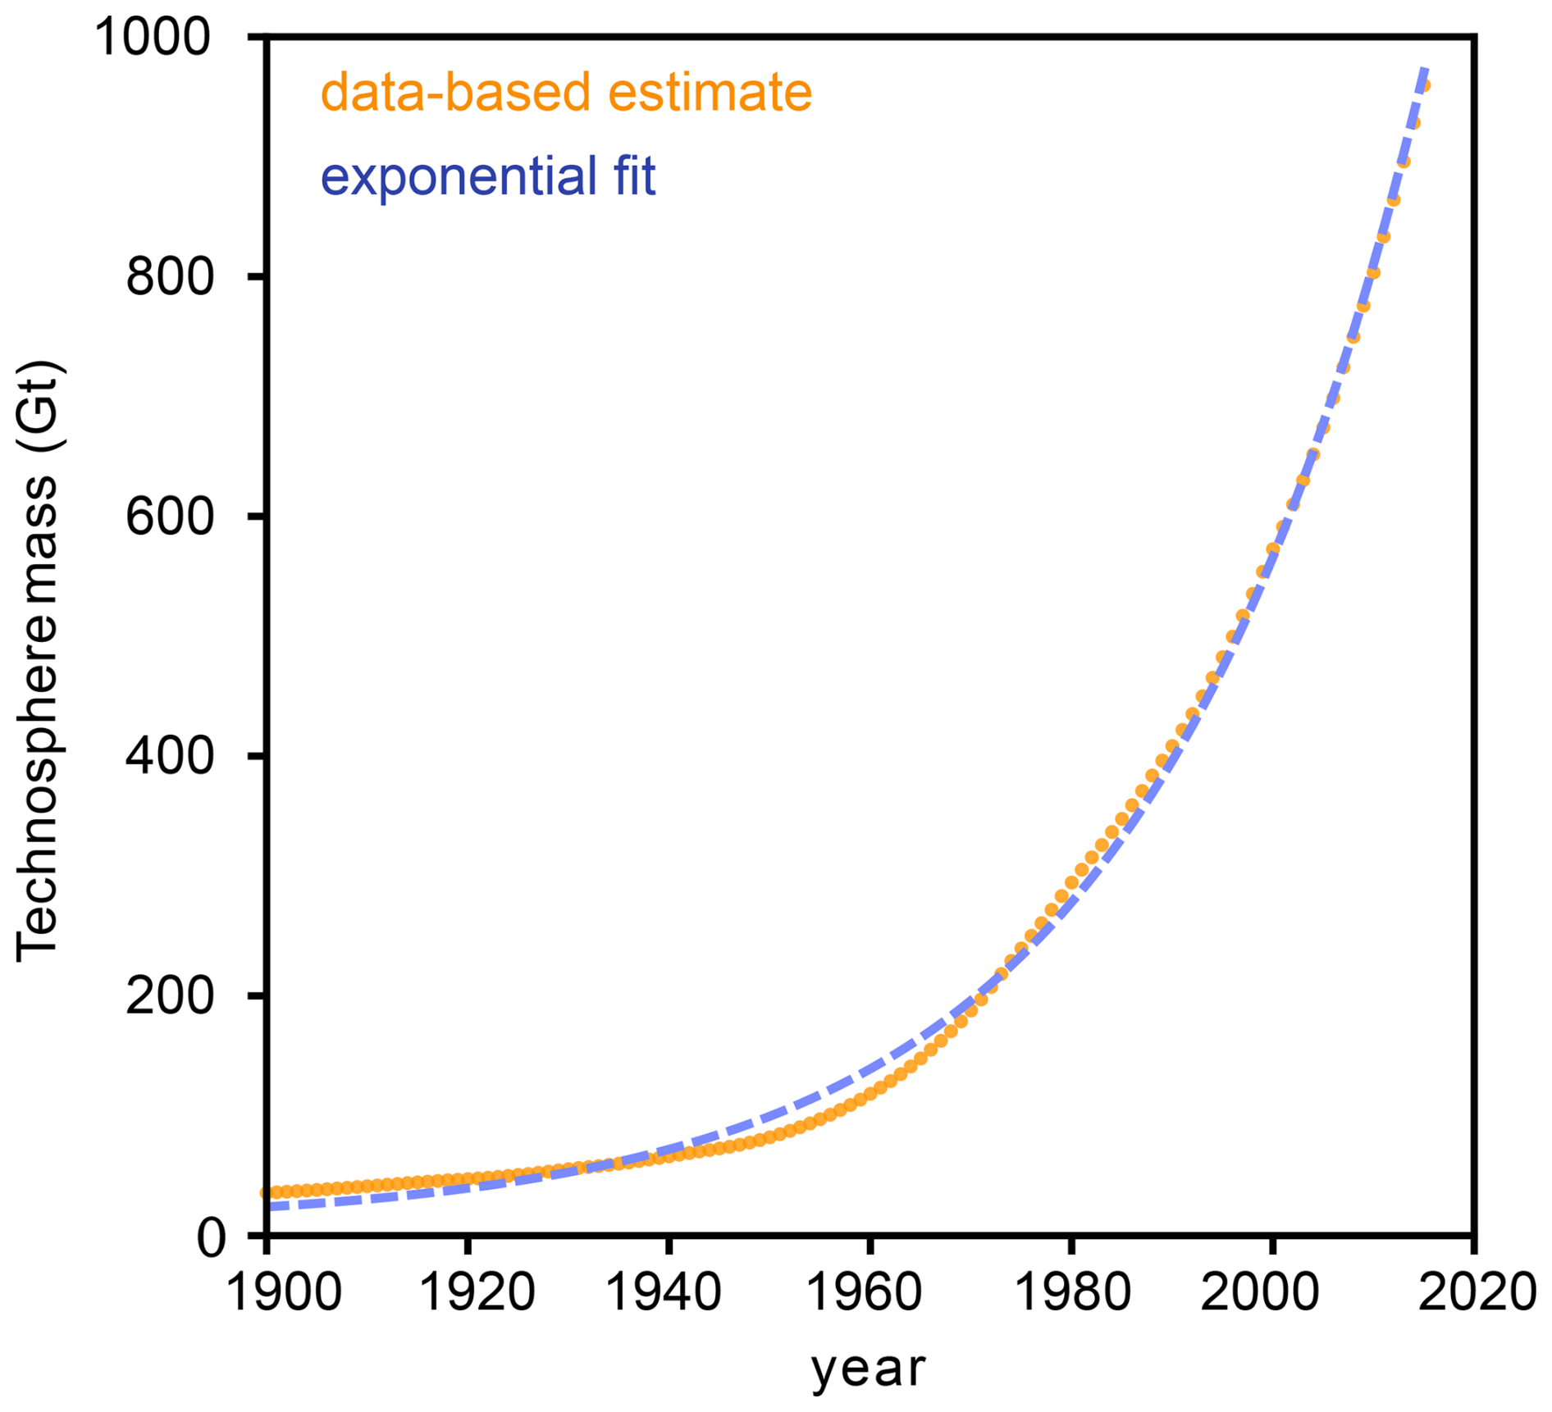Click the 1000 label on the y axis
click(153, 37)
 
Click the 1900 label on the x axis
click(283, 1292)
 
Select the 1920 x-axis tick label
click(477, 1292)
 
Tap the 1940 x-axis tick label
click(663, 1292)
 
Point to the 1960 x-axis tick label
click(865, 1292)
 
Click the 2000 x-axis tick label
click(1260, 1292)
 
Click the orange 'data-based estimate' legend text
click(566, 92)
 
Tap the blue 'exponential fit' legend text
click(488, 176)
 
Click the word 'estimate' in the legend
click(710, 92)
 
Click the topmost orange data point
click(1424, 86)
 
